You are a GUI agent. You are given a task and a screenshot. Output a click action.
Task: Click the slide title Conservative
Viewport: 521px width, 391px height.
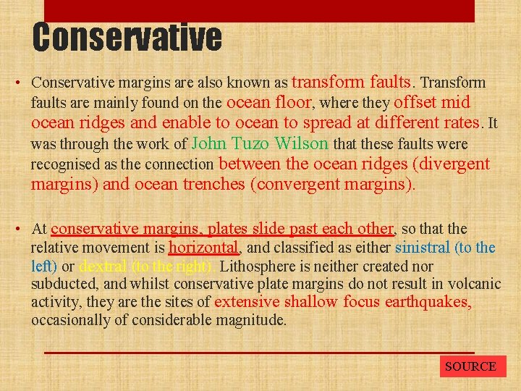click(127, 38)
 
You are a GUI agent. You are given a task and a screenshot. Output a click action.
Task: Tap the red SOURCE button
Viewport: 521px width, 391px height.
click(470, 366)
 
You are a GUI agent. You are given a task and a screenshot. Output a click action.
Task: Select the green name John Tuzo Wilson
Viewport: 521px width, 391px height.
click(260, 143)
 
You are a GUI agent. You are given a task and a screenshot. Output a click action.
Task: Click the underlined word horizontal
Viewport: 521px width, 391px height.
click(203, 248)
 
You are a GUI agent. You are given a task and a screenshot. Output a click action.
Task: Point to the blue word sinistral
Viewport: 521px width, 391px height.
click(423, 248)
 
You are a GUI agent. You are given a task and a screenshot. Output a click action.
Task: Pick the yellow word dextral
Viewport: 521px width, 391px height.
click(103, 266)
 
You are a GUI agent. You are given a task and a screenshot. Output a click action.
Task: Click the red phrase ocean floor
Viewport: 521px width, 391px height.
click(269, 102)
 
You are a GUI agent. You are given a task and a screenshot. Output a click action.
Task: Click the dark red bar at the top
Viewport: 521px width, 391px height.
click(259, 10)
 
